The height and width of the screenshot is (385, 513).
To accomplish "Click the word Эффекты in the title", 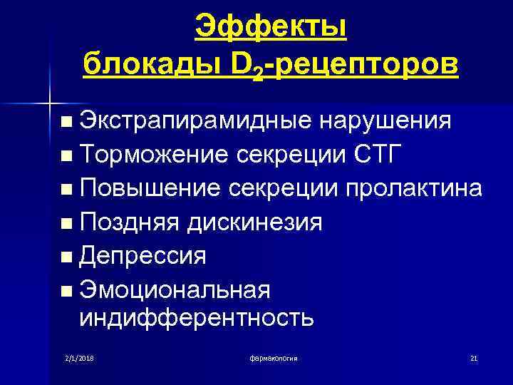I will tap(271, 28).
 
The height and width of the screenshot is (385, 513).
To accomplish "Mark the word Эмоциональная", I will tap(175, 289).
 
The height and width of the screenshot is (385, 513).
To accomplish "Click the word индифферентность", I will tap(196, 317).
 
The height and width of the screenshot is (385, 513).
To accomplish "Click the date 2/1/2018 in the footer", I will tap(80, 357).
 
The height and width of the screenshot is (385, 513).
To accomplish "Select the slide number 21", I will tap(474, 357).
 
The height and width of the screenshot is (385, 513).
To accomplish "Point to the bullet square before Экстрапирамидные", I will tap(66, 123).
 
